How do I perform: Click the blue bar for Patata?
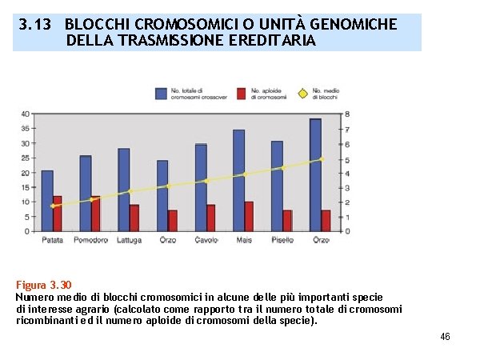coord(47,201)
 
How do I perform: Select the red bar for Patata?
coord(58,214)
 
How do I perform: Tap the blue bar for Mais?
coord(238,181)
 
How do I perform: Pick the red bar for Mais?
coord(249,216)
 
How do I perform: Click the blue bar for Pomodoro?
coord(86,194)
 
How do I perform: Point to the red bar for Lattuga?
coord(134,218)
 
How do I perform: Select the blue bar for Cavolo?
coord(201,188)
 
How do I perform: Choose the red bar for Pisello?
coord(287,220)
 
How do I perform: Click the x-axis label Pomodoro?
coord(91,240)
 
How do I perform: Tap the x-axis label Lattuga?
coord(130,240)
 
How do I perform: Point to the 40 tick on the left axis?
coord(26,114)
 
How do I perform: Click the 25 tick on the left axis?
coord(26,158)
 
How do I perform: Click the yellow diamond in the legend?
coord(302,94)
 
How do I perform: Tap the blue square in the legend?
coord(162,94)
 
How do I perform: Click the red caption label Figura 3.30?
coord(44,285)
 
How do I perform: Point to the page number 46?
coord(445,337)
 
